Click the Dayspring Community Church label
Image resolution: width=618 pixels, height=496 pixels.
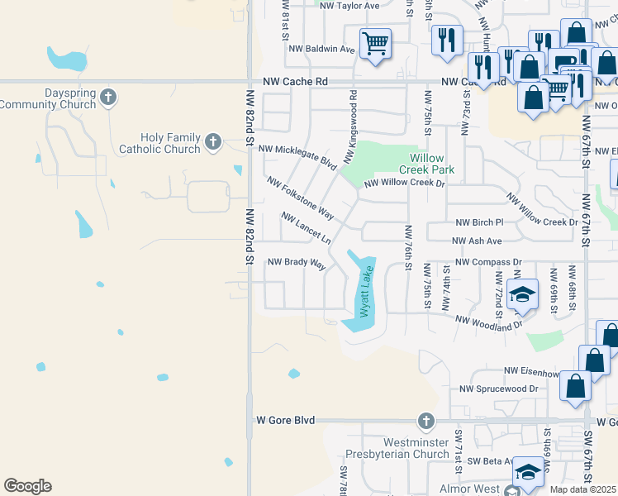pyautogui.click(x=48, y=99)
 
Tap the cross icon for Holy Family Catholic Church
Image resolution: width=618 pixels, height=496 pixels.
pyautogui.click(x=212, y=142)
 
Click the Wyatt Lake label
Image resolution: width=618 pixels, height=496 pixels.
pyautogui.click(x=364, y=293)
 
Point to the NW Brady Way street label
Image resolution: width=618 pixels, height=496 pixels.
pyautogui.click(x=296, y=263)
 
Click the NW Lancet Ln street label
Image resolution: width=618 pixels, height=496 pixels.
pyautogui.click(x=306, y=228)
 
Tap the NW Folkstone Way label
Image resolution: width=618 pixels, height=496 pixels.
pyautogui.click(x=300, y=198)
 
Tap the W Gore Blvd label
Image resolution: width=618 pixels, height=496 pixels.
pyautogui.click(x=285, y=420)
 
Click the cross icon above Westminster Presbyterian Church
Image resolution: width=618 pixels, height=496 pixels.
pyautogui.click(x=425, y=422)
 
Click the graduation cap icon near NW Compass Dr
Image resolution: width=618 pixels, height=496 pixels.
pyautogui.click(x=522, y=294)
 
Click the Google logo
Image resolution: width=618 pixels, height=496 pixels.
pyautogui.click(x=27, y=486)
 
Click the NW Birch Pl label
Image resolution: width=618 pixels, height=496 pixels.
pyautogui.click(x=479, y=222)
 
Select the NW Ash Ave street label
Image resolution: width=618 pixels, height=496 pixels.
pyautogui.click(x=478, y=241)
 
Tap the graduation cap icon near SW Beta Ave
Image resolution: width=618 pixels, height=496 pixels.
pyautogui.click(x=529, y=473)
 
